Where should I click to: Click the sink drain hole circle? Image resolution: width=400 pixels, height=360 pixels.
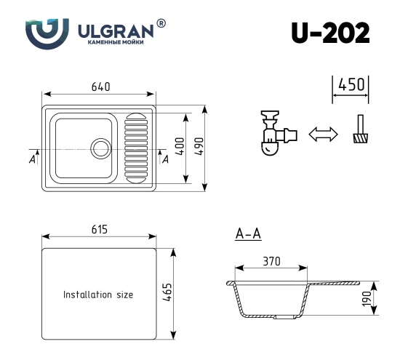[100, 148]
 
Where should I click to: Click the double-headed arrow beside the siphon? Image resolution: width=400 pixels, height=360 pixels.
[324, 135]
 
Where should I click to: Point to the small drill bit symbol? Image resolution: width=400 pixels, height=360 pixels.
[359, 132]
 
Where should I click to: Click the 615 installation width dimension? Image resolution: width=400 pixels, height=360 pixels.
[99, 230]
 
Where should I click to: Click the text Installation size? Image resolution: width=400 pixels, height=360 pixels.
[98, 295]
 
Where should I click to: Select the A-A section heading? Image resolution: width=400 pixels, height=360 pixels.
[249, 234]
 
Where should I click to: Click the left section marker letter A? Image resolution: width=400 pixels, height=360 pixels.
[33, 159]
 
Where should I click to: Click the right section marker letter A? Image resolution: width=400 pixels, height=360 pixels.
[165, 159]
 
